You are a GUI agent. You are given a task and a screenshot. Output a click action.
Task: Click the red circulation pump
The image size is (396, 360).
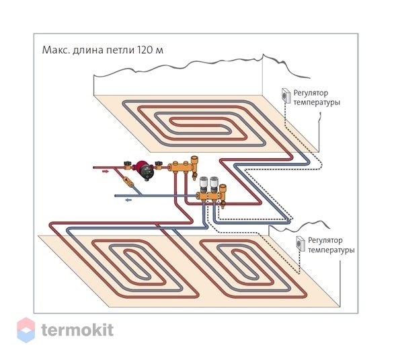pyautogui.click(x=145, y=170)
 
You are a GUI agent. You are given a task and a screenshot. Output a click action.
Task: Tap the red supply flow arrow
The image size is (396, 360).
pyautogui.click(x=106, y=172)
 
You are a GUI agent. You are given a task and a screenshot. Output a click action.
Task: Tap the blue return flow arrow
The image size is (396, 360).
pyautogui.click(x=128, y=200)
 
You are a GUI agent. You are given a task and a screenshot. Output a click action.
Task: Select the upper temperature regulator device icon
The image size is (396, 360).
pyautogui.click(x=286, y=96)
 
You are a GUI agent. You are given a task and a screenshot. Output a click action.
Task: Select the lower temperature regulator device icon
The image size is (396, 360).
pyautogui.click(x=301, y=244)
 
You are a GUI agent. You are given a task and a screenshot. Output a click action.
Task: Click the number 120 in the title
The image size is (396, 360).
pyautogui.click(x=145, y=50)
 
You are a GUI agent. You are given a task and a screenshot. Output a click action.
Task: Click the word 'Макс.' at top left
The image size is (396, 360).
pyautogui.click(x=56, y=50)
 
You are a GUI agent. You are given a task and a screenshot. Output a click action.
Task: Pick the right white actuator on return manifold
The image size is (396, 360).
pyautogui.click(x=214, y=184)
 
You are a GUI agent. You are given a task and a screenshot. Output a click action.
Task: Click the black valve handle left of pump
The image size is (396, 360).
pyautogui.click(x=127, y=164)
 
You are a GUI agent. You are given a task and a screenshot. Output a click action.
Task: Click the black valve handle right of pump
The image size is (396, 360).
pyautogui.click(x=159, y=164)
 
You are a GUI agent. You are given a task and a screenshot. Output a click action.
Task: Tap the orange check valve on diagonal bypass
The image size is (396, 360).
pyautogui.click(x=127, y=182)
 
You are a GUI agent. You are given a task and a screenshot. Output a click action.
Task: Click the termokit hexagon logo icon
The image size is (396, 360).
pyautogui.click(x=26, y=330)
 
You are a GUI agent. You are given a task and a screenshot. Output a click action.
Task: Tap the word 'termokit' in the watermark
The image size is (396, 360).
pyautogui.click(x=77, y=330)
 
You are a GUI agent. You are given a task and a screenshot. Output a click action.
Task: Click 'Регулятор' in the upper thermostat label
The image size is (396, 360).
pyautogui.click(x=311, y=93)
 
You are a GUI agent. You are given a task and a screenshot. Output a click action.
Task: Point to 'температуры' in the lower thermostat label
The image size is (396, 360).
pyautogui.click(x=331, y=250)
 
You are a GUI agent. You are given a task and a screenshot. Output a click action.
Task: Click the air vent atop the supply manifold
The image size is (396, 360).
pyautogui.click(x=194, y=164)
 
